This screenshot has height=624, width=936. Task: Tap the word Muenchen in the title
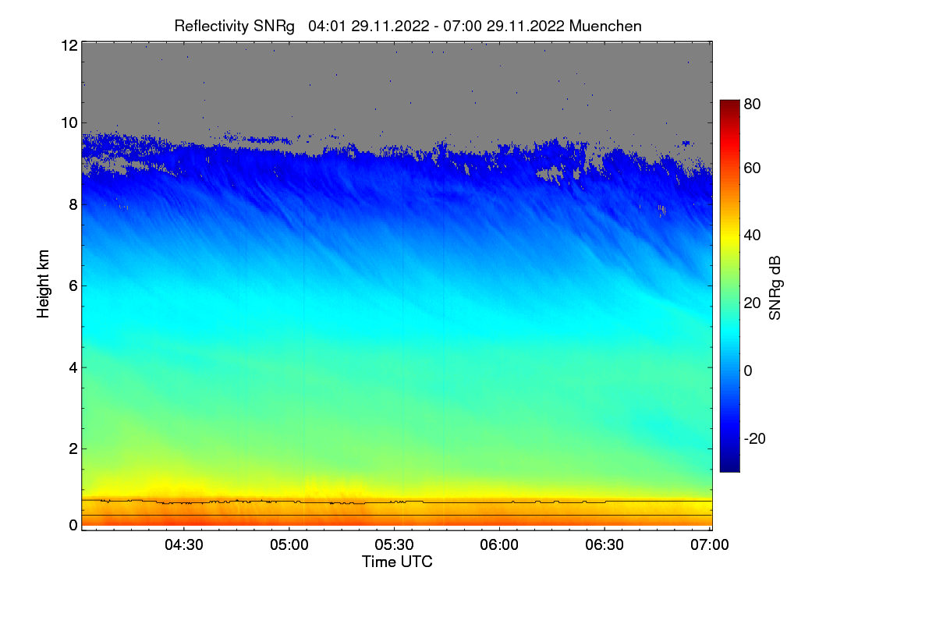point(605,26)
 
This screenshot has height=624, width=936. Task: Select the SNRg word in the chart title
point(274,27)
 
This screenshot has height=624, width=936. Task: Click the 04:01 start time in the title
point(327,26)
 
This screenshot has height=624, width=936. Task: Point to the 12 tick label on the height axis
point(69,45)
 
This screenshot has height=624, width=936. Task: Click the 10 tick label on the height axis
point(69,123)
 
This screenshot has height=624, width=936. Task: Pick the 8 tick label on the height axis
point(73,204)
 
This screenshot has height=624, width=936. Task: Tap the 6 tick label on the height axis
point(73,286)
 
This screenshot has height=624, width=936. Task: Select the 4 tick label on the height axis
point(73,368)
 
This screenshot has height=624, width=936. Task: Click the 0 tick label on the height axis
point(73,526)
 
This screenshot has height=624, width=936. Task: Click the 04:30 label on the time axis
point(184,544)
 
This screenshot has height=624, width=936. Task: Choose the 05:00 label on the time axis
point(289,544)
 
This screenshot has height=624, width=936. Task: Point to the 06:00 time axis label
point(499,544)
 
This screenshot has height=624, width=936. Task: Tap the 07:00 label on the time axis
point(710,544)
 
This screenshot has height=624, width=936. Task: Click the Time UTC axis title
point(397,562)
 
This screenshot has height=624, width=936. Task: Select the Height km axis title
point(43,284)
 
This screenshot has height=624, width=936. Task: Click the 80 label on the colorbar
point(752,104)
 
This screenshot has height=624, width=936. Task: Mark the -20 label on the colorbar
point(755,438)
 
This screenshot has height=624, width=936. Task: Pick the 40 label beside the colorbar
point(752,236)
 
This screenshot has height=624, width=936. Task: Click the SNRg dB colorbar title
point(775,289)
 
